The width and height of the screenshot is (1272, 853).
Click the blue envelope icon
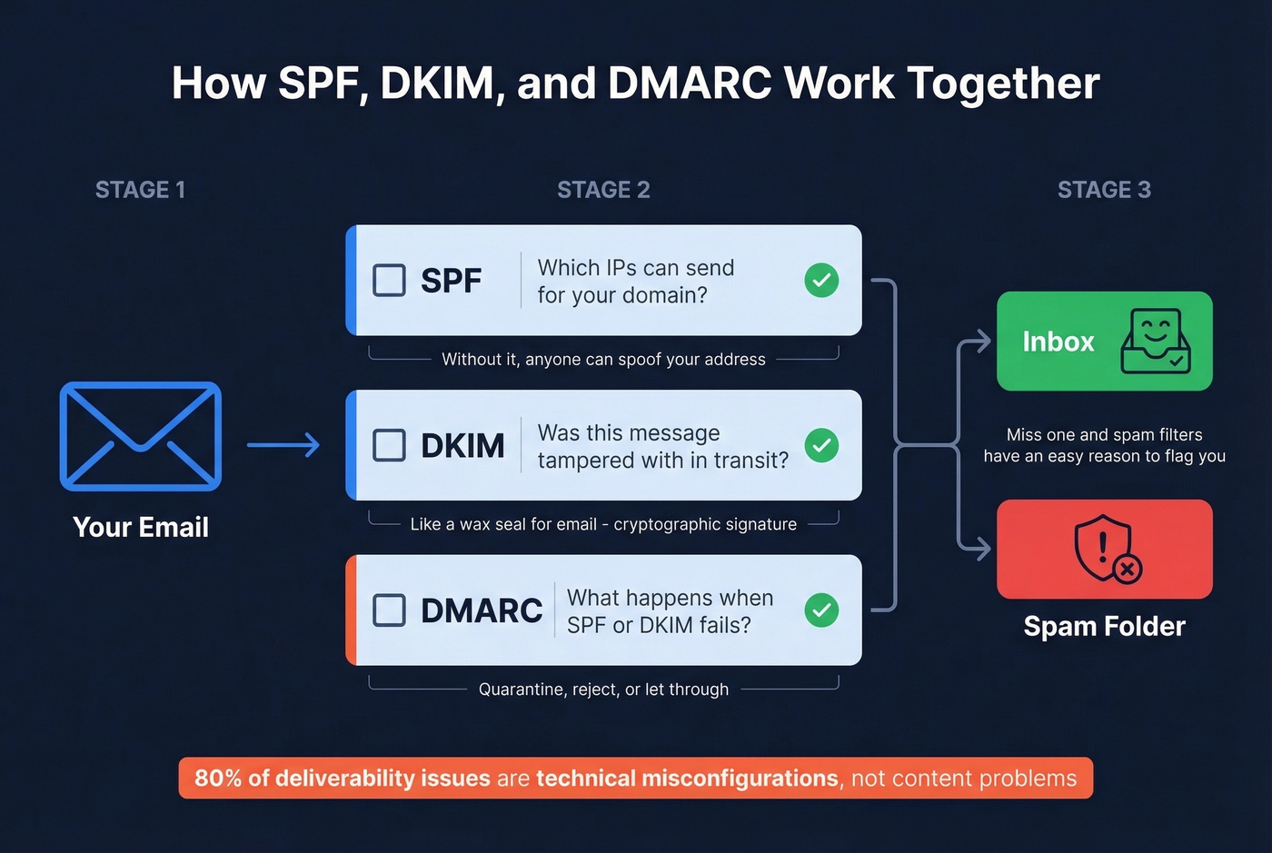(x=141, y=436)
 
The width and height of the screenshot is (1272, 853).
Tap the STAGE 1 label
(x=140, y=190)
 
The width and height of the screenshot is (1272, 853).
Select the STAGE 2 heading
(x=603, y=190)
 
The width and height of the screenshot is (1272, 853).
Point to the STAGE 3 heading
(x=1104, y=190)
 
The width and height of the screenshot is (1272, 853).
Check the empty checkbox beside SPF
(x=390, y=281)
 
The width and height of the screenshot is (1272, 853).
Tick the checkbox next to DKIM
(x=390, y=445)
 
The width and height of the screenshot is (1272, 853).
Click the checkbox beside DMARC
(x=390, y=610)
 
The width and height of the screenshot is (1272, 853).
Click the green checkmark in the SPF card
(x=821, y=281)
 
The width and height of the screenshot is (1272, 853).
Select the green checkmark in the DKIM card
(x=821, y=445)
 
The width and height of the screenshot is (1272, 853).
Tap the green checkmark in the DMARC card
(x=821, y=610)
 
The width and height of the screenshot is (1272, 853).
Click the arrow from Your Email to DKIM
(x=283, y=445)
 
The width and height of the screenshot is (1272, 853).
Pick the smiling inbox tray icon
(x=1155, y=342)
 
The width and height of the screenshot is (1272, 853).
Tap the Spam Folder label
(x=1104, y=626)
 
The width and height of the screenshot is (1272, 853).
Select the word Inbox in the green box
(x=1058, y=342)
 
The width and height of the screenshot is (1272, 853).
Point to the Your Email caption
(x=141, y=527)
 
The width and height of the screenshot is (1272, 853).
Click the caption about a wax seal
(x=603, y=524)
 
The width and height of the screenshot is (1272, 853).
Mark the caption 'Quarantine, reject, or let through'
(x=603, y=689)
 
